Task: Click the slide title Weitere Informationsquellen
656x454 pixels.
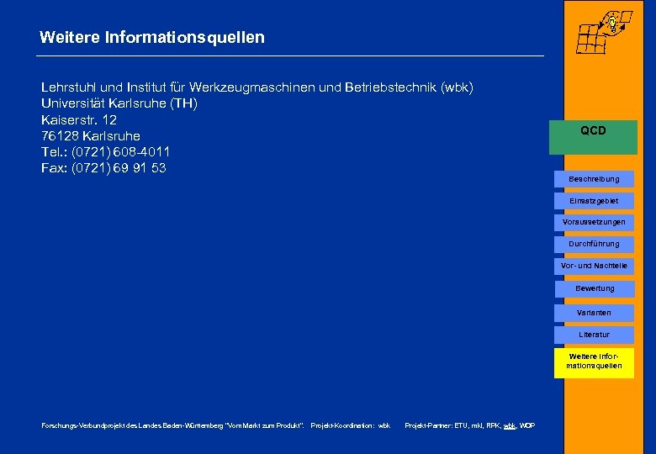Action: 151,38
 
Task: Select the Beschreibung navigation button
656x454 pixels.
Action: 594,179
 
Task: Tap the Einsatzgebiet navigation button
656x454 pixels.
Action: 594,201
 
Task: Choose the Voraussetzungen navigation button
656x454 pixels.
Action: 594,222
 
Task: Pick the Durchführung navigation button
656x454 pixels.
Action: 594,244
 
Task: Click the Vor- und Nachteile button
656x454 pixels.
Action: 594,266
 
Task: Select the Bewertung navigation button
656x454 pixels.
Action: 594,288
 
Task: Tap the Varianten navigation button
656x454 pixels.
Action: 594,313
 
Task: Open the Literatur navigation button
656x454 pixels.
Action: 594,335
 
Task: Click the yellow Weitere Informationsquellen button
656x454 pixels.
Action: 594,362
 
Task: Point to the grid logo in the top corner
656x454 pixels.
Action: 602,31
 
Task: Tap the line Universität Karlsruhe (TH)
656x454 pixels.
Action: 119,103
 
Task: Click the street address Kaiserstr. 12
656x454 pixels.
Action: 79,119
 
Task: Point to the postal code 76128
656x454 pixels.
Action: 59,136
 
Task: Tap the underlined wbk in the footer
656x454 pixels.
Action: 510,426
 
